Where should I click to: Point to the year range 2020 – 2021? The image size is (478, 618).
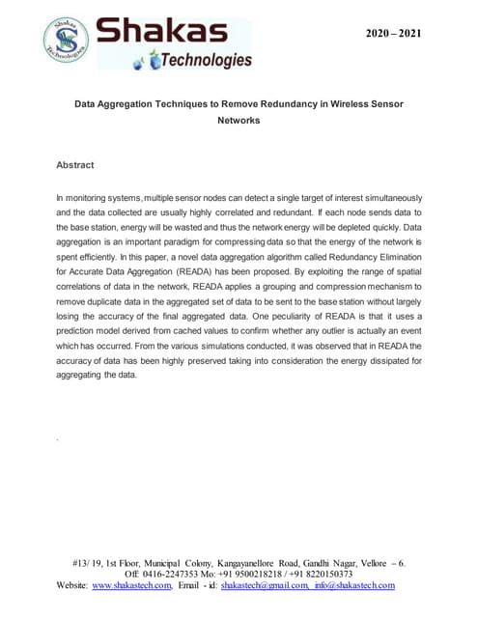click(x=392, y=35)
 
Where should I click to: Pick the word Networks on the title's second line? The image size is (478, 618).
click(x=239, y=121)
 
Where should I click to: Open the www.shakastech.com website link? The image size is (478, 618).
click(x=132, y=584)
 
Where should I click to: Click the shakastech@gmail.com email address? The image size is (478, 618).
click(x=263, y=584)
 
